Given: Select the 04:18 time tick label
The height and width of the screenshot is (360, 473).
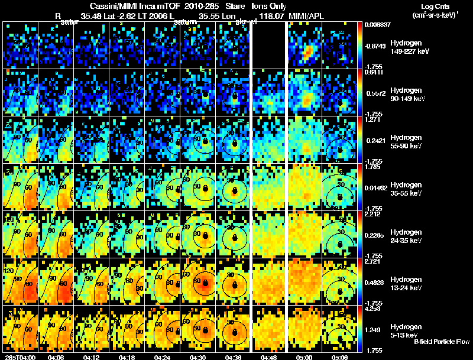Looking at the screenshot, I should [128, 357].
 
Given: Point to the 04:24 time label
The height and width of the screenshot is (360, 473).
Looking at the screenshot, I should [164, 357].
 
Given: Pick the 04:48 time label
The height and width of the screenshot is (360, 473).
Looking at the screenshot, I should [271, 357].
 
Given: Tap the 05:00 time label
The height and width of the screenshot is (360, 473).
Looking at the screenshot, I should [307, 357].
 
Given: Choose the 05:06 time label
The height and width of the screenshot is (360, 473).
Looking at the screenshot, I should [342, 357].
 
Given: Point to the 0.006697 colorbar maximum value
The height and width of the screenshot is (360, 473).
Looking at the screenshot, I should [377, 25].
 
